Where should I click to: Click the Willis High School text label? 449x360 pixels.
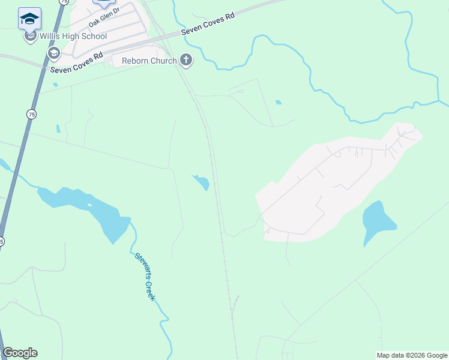(x=73, y=36)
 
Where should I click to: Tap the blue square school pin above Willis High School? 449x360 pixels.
(x=29, y=19)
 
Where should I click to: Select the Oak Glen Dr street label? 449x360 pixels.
(x=105, y=17)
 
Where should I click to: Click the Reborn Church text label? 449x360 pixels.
(x=149, y=61)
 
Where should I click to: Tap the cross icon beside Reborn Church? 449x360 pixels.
(x=186, y=59)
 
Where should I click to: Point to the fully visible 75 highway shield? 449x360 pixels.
(x=31, y=113)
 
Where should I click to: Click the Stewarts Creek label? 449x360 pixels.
(x=145, y=276)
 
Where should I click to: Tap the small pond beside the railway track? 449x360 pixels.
(x=202, y=181)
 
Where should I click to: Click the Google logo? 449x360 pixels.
(x=20, y=353)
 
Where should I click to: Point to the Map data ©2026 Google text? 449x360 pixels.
(x=411, y=355)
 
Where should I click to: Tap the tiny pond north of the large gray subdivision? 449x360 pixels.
(x=278, y=102)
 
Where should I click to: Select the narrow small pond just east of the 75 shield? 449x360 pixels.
(x=58, y=128)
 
